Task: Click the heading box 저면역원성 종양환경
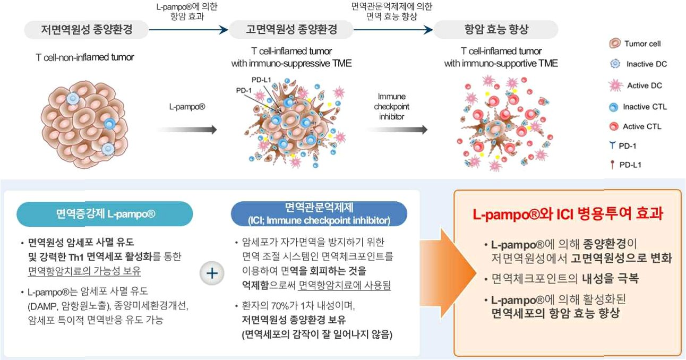coord(87,30)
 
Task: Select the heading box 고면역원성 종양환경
coord(291,30)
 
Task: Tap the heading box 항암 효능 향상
coord(496,30)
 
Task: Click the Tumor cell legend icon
coord(615,44)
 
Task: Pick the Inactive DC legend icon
coord(615,64)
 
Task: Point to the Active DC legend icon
coord(615,85)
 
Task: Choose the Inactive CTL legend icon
coord(614,107)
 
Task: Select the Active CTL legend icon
coord(614,126)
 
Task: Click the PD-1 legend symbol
coord(613,145)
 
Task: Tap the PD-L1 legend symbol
coord(613,165)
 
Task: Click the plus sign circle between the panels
coord(211,273)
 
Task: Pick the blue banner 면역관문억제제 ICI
coord(319,215)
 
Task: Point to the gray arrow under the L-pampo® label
coord(187,130)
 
